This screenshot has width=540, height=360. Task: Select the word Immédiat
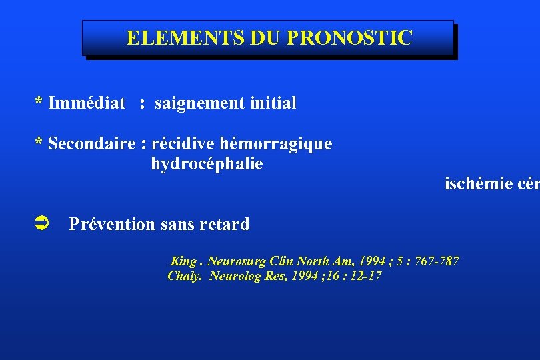(87, 103)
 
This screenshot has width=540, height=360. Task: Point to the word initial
(273, 103)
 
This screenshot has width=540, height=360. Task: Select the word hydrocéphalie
(207, 164)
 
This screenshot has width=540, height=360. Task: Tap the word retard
(227, 225)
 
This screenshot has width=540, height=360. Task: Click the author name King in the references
(183, 261)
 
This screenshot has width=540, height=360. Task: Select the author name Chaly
(184, 276)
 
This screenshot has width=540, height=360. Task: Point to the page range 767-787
(436, 261)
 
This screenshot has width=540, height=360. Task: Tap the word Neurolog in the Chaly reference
(234, 276)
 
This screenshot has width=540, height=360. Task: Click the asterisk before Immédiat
(39, 101)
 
